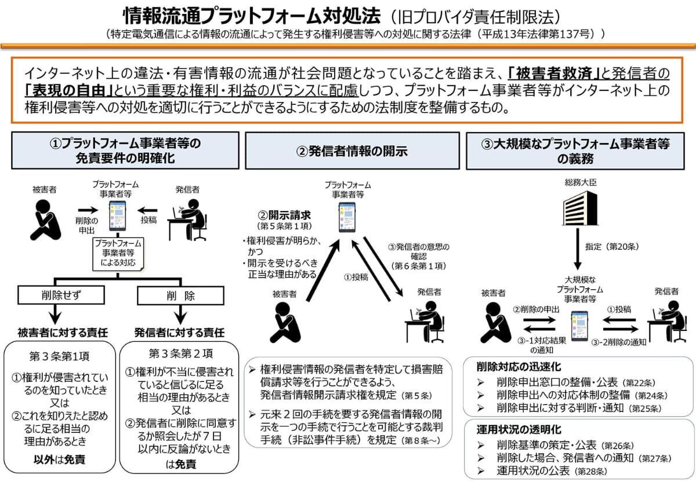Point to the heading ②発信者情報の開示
tap(352, 151)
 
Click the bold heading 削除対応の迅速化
tap(511, 367)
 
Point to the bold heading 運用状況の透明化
tap(511, 429)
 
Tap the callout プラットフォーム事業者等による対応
tap(118, 253)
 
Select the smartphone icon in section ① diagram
tap(118, 213)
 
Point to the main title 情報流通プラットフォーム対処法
tap(251, 14)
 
